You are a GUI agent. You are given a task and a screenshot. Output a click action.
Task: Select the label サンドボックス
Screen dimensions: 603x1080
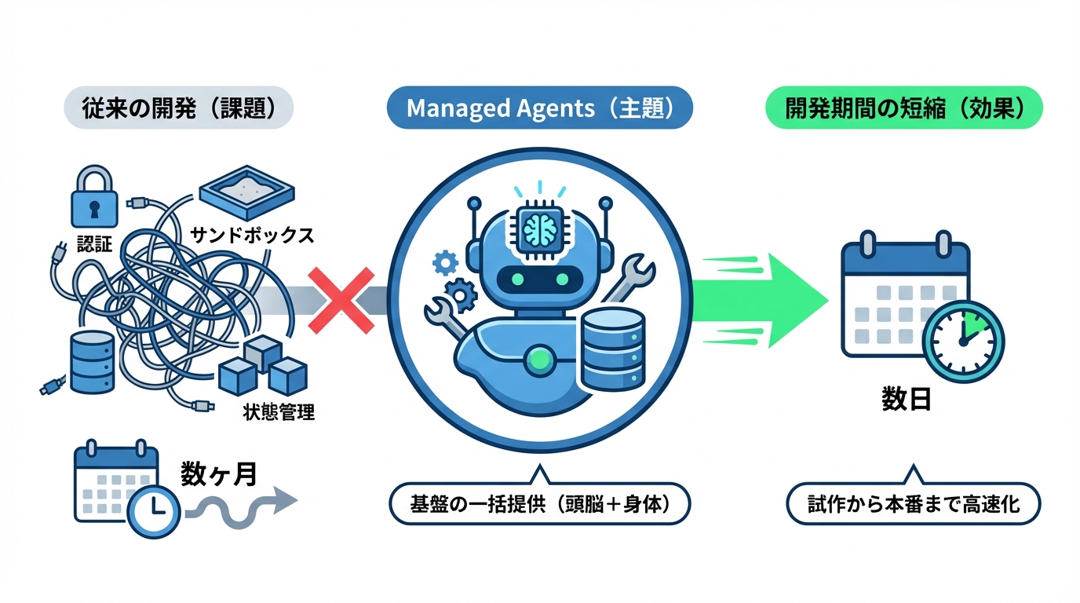click(x=252, y=235)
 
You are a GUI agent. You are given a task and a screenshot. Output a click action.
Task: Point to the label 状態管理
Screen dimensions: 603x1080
click(x=279, y=411)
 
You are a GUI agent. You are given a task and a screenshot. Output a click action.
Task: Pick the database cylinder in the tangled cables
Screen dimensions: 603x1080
click(x=93, y=362)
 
